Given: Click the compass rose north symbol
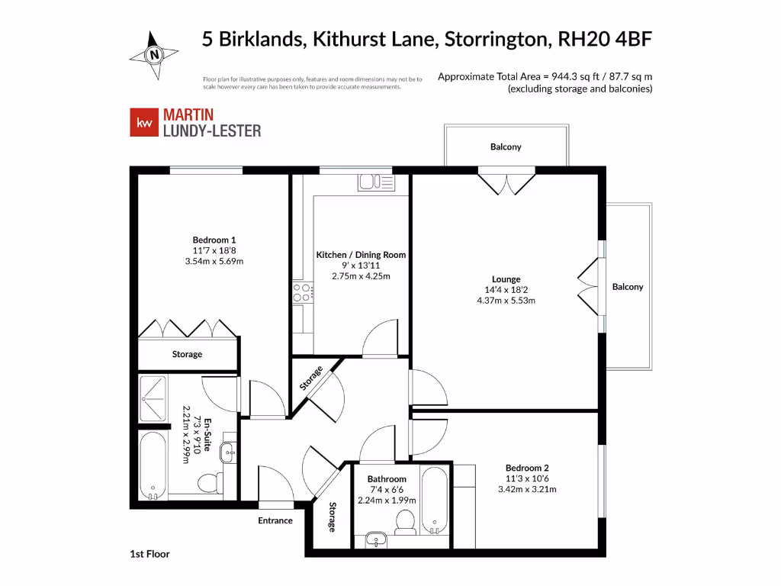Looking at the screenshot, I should pos(156,54).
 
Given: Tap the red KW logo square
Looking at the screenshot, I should pos(143,123).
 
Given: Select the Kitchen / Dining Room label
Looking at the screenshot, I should pos(361,255).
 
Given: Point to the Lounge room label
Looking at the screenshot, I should pos(506,279).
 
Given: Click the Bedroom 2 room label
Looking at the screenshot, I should pos(527,468).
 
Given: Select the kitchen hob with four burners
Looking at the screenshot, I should pos(303,292).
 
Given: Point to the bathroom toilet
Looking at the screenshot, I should pos(404,521).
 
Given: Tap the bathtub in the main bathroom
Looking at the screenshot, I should pos(435,499).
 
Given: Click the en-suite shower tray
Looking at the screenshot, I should pos(157,398).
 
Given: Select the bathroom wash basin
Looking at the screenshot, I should pos(374,539).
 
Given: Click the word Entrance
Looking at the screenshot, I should pos(275,520).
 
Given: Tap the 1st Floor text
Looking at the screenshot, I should pos(149,554).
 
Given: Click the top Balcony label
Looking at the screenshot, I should pos(506,146).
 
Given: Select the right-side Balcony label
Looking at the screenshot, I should pos(628,287).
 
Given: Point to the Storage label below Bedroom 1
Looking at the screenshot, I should pos(187,354).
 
